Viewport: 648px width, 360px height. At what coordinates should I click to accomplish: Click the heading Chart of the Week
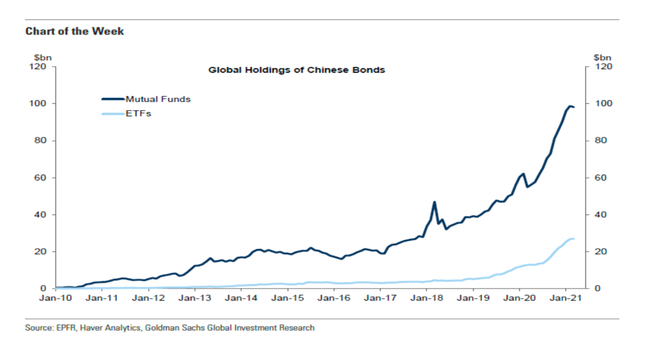(x=74, y=31)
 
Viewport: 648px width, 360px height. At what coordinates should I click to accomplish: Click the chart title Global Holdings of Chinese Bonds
(x=296, y=70)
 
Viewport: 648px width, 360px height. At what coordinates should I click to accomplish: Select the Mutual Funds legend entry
(x=158, y=99)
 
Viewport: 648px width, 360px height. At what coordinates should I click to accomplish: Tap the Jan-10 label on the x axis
(x=56, y=298)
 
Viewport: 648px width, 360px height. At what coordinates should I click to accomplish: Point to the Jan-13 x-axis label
(x=195, y=298)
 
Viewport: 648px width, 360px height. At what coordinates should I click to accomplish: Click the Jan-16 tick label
(x=334, y=298)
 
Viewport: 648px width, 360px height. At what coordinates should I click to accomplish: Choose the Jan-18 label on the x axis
(x=426, y=298)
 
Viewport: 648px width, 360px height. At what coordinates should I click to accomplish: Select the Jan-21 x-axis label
(x=565, y=298)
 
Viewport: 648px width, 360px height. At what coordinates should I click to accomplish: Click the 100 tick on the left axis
(x=40, y=104)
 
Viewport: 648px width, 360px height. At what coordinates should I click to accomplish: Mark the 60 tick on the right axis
(x=600, y=178)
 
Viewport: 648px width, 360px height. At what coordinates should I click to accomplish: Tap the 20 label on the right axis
(x=600, y=251)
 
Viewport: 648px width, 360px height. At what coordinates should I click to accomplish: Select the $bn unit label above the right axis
(x=602, y=58)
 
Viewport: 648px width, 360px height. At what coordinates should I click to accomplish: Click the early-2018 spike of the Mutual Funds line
(x=434, y=202)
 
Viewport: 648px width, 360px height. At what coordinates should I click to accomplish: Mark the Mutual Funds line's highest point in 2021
(x=569, y=106)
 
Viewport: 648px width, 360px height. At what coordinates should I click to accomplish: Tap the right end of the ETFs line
(x=574, y=239)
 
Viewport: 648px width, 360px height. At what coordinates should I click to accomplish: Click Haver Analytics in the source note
(x=99, y=328)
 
